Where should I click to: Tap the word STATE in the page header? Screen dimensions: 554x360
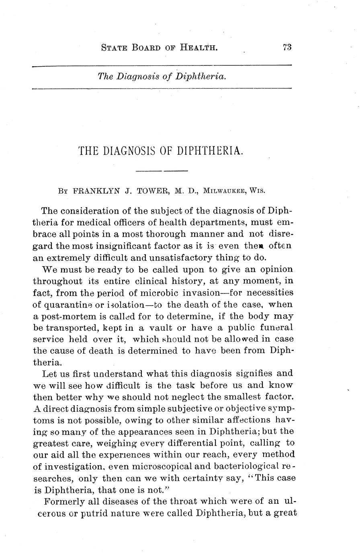(x=114, y=48)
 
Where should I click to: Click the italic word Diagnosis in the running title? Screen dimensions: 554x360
(x=138, y=76)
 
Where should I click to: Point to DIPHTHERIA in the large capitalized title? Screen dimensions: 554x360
(x=209, y=151)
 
